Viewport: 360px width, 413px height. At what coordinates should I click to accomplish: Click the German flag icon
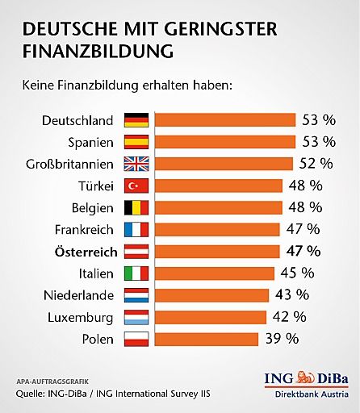point(135,120)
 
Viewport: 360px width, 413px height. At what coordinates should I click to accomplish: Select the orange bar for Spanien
point(224,142)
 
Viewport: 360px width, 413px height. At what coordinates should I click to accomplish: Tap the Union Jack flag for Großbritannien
point(135,164)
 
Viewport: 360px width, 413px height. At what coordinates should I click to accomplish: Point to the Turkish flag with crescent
point(135,186)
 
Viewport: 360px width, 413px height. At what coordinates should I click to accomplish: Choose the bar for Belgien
point(218,207)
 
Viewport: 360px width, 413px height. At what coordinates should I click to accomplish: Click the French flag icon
point(135,229)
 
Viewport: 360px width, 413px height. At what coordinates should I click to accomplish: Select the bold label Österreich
point(80,250)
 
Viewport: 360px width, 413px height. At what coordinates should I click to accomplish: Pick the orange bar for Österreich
point(216,251)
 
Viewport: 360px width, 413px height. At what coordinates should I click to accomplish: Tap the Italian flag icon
point(135,273)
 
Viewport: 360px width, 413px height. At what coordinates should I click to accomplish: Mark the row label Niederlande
point(78,294)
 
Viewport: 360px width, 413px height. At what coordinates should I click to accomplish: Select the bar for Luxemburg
point(210,316)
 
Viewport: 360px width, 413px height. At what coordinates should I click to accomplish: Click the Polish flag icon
point(135,338)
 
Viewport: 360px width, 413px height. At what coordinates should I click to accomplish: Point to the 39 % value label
point(283,337)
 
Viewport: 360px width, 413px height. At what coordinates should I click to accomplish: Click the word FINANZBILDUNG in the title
point(98,52)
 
